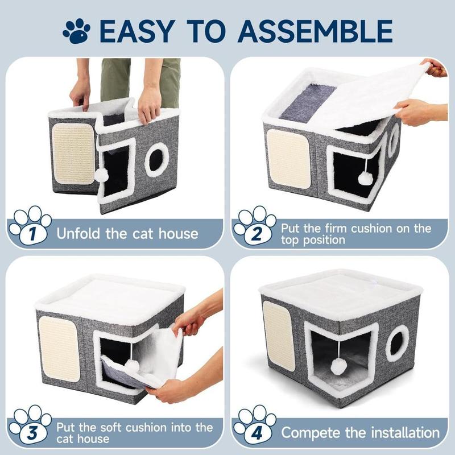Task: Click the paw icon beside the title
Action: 76,31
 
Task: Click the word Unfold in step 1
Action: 78,233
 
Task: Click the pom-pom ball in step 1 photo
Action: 101,175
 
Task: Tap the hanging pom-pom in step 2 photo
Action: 365,178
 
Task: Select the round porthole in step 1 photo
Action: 156,160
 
